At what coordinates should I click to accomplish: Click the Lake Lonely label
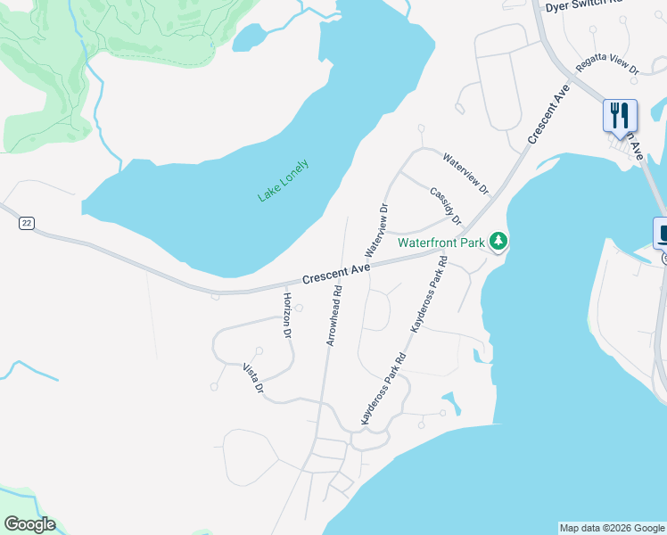tap(283, 180)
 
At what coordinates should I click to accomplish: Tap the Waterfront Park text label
tap(441, 242)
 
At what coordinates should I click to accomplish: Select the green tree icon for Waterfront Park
tap(499, 241)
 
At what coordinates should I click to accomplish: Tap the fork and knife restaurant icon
tap(620, 116)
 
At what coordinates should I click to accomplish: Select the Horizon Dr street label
tap(287, 316)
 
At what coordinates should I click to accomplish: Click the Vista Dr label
tap(254, 378)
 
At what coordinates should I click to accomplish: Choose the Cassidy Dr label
tap(445, 206)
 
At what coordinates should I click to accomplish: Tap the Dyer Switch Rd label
tap(583, 5)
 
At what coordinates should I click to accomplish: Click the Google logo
tap(29, 524)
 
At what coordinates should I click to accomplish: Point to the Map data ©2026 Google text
tap(612, 528)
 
